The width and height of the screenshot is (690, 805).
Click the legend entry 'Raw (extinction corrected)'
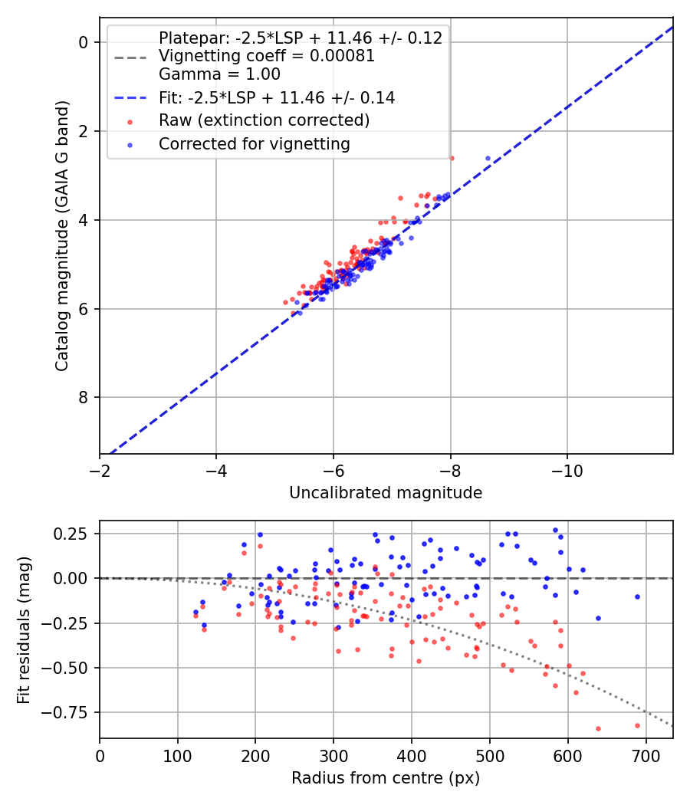pyautogui.click(x=264, y=121)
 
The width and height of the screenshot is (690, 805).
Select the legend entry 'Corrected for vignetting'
pyautogui.click(x=254, y=144)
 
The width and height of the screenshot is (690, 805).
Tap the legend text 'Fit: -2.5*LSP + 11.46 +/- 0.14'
pyautogui.click(x=277, y=98)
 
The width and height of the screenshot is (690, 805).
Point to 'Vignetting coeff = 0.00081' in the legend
pyautogui.click(x=266, y=56)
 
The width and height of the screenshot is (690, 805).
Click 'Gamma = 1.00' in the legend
pyautogui.click(x=219, y=74)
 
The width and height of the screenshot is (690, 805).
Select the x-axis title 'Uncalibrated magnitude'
pyautogui.click(x=386, y=493)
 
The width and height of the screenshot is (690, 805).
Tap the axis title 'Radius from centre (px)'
pyautogui.click(x=386, y=778)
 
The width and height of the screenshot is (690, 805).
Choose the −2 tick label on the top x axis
pyautogui.click(x=100, y=469)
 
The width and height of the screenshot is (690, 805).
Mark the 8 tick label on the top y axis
pyautogui.click(x=84, y=397)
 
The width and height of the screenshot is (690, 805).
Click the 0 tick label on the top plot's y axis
pyautogui.click(x=84, y=42)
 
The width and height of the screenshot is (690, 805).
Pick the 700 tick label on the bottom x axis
pyautogui.click(x=646, y=754)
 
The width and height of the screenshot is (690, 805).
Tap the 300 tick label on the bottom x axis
pyautogui.click(x=333, y=754)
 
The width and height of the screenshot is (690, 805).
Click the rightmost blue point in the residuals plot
pyautogui.click(x=637, y=596)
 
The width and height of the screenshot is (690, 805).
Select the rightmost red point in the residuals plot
pyautogui.click(x=637, y=725)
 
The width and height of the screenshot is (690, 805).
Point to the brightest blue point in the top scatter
pyautogui.click(x=488, y=158)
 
